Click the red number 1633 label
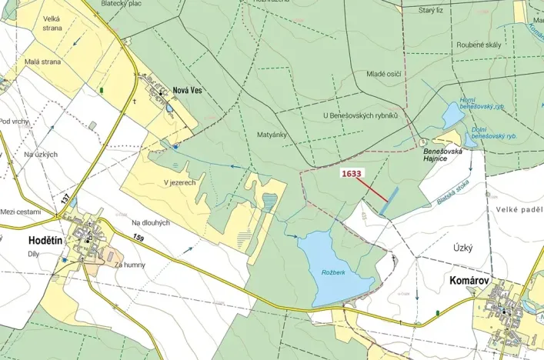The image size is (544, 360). click(352, 174)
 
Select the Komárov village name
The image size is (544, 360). click(471, 282)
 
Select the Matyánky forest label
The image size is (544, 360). click(272, 134)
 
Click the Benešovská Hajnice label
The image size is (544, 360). click(443, 156)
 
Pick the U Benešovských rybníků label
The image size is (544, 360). click(360, 115)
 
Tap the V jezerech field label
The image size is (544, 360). click(179, 183)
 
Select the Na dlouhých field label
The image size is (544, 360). click(149, 222)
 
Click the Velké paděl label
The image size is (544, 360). click(519, 209)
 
